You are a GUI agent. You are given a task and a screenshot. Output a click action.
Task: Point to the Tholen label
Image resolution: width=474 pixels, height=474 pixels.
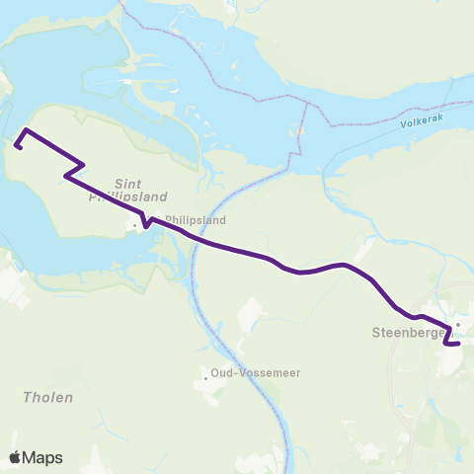tap(47, 397)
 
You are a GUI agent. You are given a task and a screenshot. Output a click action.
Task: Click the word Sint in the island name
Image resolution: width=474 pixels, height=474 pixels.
tap(129, 184)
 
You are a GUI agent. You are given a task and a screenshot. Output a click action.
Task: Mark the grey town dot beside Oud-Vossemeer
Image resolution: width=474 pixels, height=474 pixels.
tap(203, 375)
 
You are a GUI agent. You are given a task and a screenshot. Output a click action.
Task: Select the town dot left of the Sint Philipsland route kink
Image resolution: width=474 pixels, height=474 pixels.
tap(134, 225)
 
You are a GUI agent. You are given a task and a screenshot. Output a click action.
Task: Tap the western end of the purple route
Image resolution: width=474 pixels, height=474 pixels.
tap(17, 147)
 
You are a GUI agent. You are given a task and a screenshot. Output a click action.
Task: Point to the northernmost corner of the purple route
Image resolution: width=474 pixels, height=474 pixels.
tap(26, 130)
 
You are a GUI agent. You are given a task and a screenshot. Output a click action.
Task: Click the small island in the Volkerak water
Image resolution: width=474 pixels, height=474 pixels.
tap(299, 129)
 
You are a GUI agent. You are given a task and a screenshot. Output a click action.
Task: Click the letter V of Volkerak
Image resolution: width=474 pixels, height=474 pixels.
tap(405, 126)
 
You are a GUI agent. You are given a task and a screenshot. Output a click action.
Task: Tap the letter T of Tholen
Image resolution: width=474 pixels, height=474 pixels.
tap(27, 397)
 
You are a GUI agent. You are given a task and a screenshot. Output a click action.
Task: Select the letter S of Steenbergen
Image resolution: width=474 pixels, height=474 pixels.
tap(376, 334)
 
